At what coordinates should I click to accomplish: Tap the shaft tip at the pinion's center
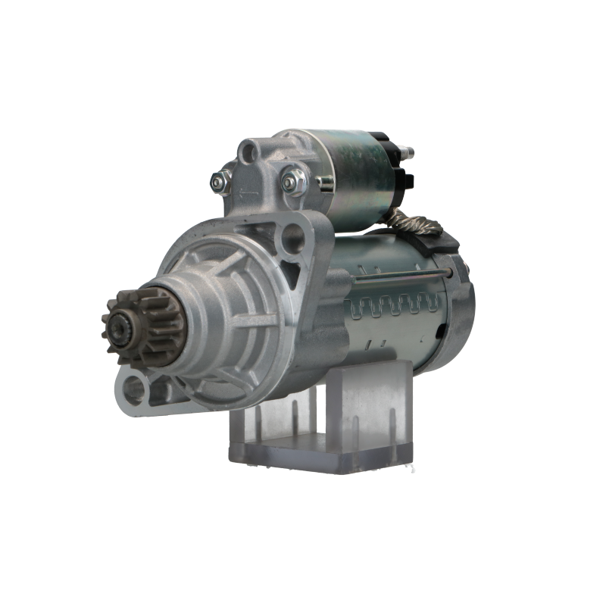click(119, 329)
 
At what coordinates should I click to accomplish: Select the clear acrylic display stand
click(322, 424)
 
